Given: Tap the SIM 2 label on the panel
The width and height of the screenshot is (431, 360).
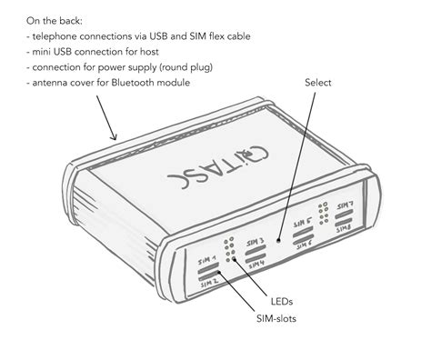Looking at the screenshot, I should point(209,285).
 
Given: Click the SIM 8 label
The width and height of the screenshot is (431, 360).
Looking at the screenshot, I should point(344,228).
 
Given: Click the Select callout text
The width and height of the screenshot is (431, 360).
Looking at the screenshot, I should point(319,83).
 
